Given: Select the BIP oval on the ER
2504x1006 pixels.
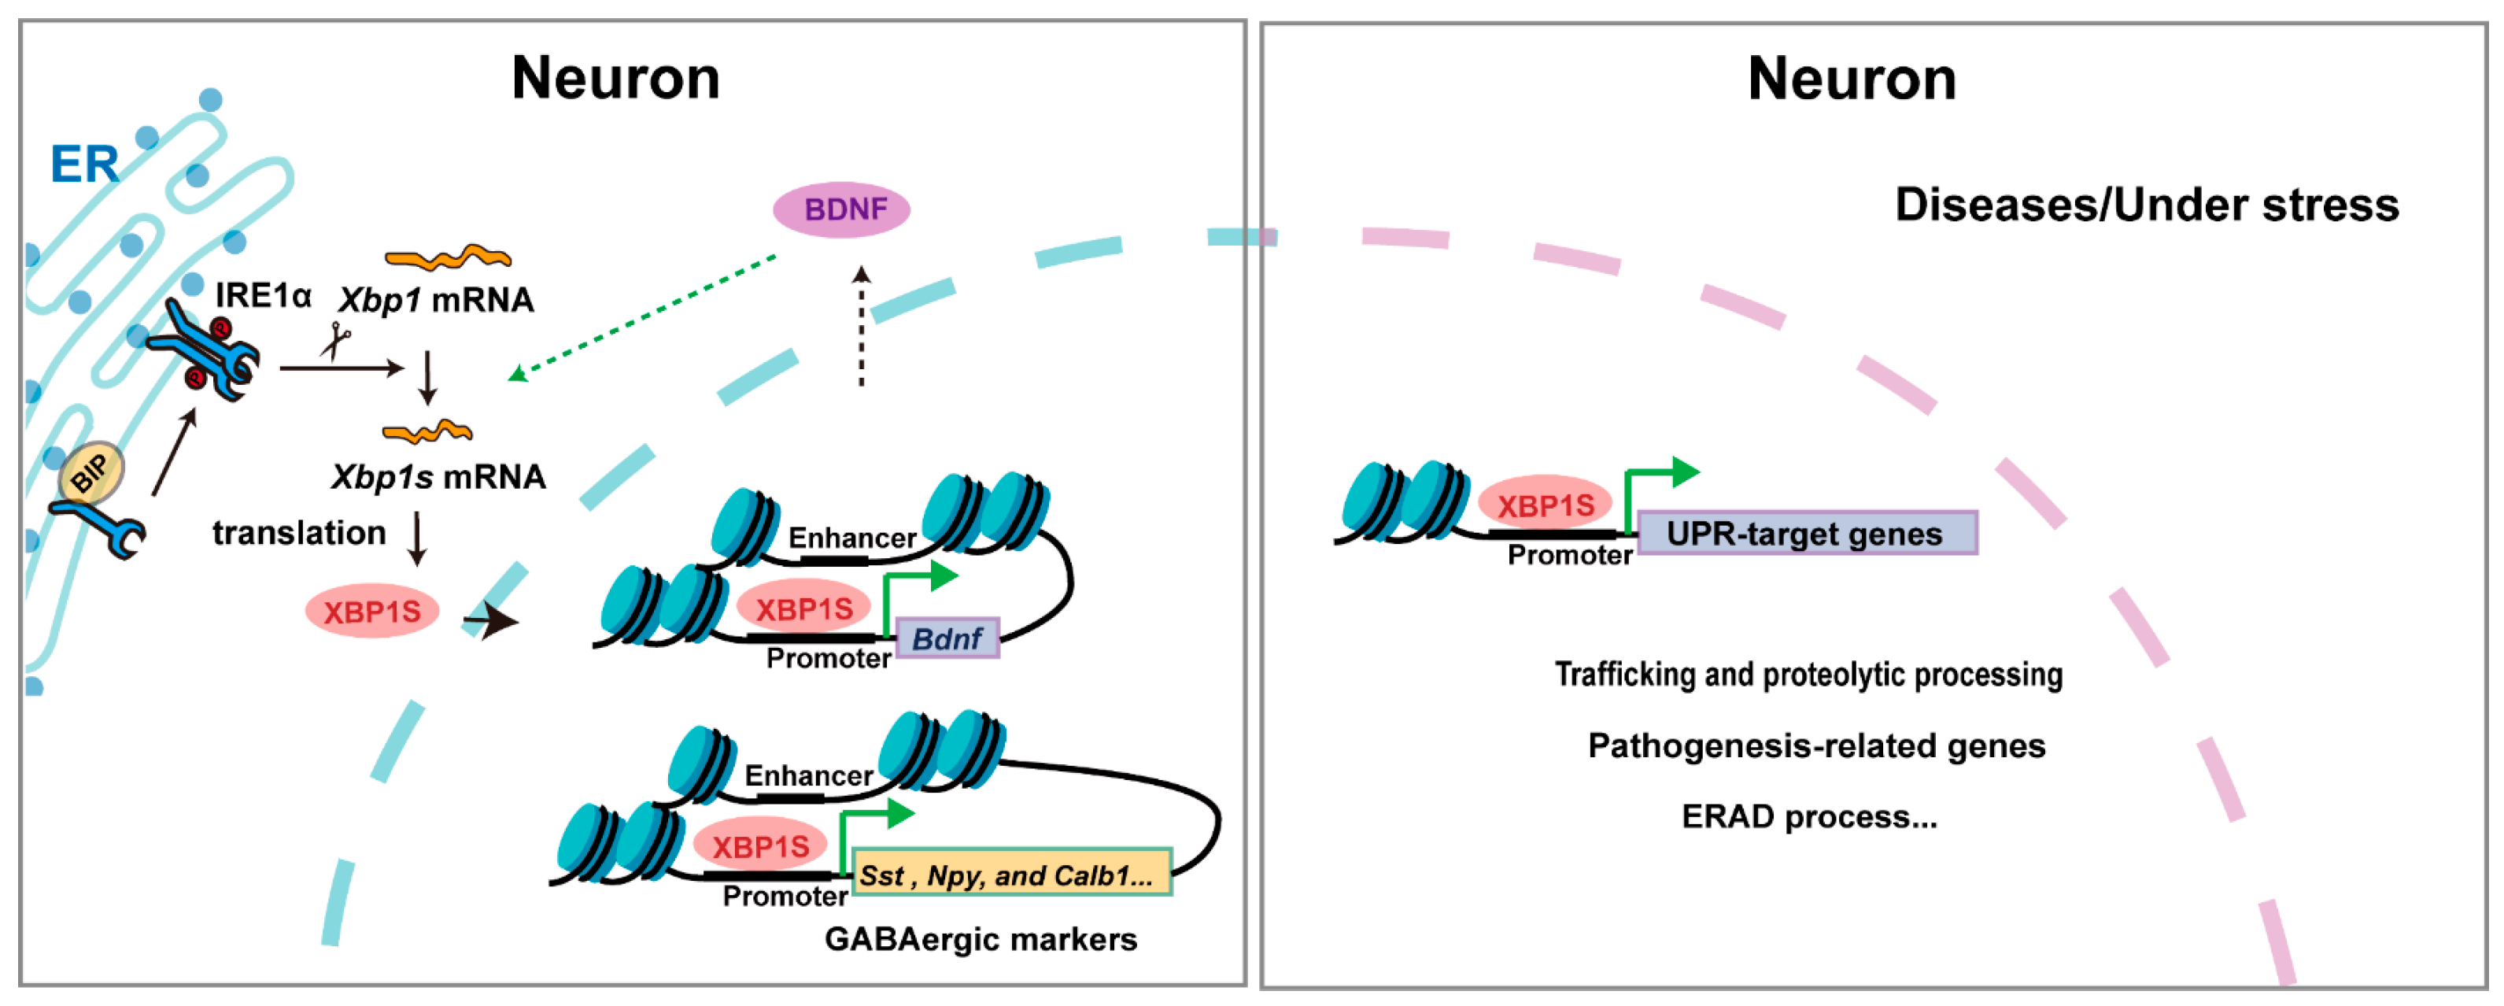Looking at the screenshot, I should click(x=91, y=473).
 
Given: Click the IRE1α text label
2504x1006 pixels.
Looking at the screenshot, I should click(x=263, y=294).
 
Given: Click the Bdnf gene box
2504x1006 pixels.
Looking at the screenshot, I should click(x=947, y=638).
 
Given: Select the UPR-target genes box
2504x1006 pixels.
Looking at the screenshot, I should click(x=1806, y=533).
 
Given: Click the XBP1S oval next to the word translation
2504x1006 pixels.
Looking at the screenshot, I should click(x=372, y=612).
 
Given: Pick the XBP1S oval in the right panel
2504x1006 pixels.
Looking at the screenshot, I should click(x=1545, y=505).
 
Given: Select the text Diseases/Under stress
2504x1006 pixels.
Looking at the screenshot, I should click(x=2146, y=205).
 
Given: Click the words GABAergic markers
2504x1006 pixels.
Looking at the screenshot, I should click(x=980, y=939).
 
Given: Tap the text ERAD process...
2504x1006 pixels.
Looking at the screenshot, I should click(x=1808, y=816).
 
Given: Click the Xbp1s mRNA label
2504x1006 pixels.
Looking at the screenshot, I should click(x=438, y=477).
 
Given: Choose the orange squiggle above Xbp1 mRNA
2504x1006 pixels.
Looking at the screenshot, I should click(x=448, y=257).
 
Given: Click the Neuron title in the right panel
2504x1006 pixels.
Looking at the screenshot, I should click(x=1851, y=79).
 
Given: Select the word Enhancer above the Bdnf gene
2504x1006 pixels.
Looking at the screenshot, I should click(x=851, y=538).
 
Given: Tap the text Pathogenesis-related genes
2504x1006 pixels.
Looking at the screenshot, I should click(x=1815, y=745).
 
